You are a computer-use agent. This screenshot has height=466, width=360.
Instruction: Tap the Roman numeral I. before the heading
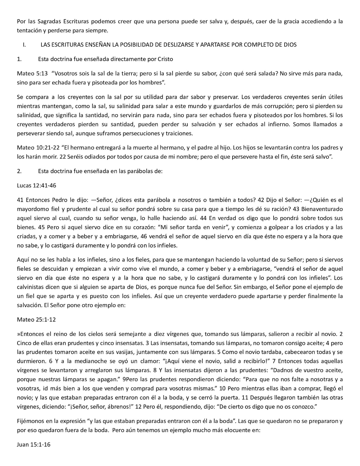[24, 45]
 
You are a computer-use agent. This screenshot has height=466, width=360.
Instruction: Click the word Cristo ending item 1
[165, 59]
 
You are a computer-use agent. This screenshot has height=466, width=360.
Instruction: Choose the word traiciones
[179, 133]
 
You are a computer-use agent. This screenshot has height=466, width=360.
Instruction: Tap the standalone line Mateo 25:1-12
[36, 319]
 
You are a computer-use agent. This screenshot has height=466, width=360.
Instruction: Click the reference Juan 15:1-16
[34, 445]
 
